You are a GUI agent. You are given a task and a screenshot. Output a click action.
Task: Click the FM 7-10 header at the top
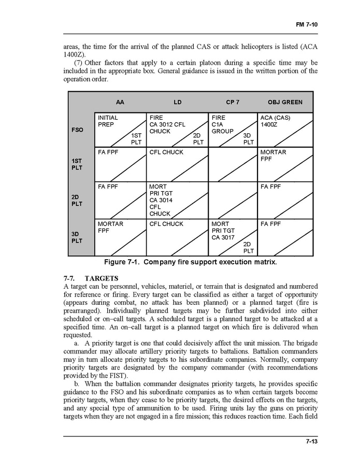pyautogui.click(x=307, y=24)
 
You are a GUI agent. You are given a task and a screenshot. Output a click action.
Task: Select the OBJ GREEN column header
pyautogui.click(x=285, y=102)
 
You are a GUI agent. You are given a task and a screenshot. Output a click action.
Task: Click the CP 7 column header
pyautogui.click(x=233, y=102)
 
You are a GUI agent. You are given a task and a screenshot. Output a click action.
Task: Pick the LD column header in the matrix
pyautogui.click(x=178, y=102)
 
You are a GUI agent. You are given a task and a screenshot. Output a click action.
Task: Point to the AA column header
pyautogui.click(x=120, y=102)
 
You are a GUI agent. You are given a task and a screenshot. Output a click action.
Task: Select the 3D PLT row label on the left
pyautogui.click(x=77, y=237)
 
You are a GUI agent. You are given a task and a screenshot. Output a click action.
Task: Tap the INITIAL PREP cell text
pyautogui.click(x=108, y=121)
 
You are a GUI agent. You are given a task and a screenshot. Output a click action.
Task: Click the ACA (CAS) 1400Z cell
pyautogui.click(x=275, y=121)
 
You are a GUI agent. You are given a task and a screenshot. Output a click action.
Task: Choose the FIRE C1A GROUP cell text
pyautogui.click(x=223, y=124)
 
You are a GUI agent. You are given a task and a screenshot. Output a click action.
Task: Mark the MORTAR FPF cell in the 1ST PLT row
pyautogui.click(x=273, y=156)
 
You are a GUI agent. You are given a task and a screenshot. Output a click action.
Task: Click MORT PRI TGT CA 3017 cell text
pyautogui.click(x=223, y=231)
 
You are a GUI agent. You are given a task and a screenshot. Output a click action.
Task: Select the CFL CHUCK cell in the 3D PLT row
pyautogui.click(x=166, y=224)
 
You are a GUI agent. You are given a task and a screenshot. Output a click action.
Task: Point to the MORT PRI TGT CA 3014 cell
pyautogui.click(x=161, y=200)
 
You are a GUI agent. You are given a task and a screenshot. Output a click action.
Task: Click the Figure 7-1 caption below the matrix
pyautogui.click(x=190, y=262)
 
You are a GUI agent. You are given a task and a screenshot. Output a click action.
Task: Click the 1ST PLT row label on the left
pyautogui.click(x=77, y=164)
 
